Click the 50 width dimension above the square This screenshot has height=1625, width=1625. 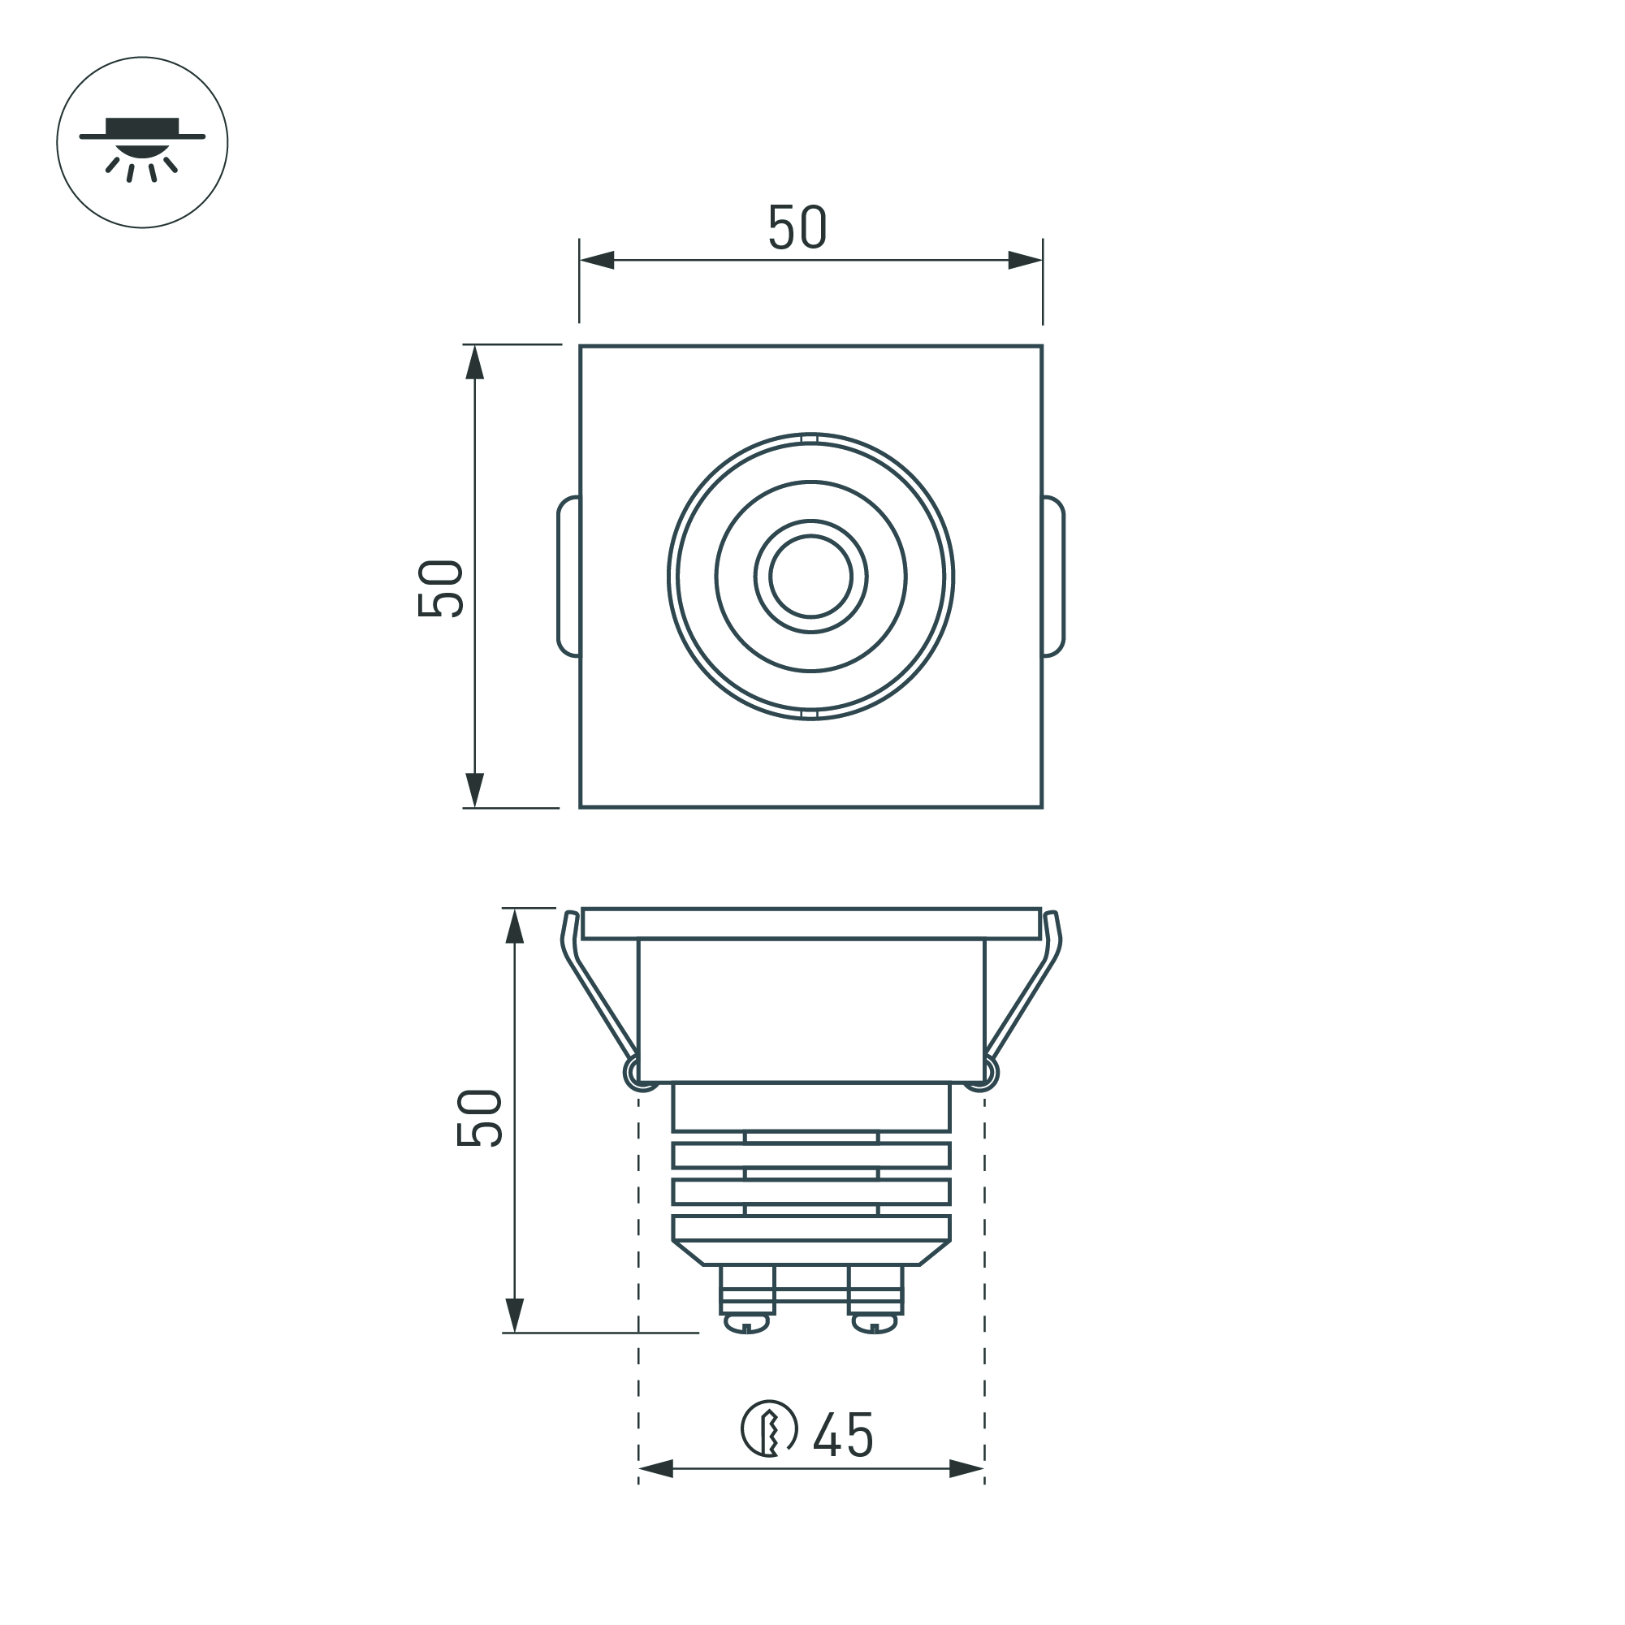click(797, 227)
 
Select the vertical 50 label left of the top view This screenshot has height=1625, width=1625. click(440, 588)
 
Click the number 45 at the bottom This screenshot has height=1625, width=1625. click(843, 1435)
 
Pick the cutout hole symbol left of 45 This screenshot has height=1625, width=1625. click(768, 1428)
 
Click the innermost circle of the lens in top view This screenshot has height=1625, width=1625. click(810, 576)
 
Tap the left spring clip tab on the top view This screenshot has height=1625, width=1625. click(568, 576)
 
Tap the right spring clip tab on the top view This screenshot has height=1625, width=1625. click(1054, 576)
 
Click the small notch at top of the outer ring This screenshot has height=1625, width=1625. click(810, 439)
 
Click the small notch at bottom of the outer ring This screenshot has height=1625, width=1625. click(810, 714)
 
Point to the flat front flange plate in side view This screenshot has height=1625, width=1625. click(810, 923)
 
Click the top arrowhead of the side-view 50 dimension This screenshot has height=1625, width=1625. click(515, 926)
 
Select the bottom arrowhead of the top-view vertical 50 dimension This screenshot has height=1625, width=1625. click(475, 790)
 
